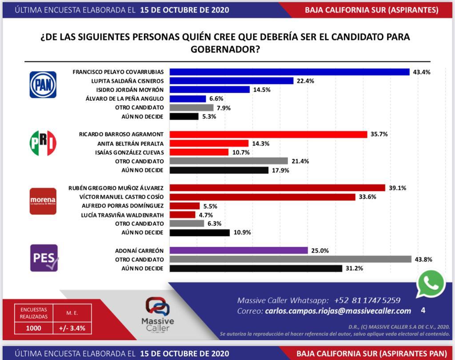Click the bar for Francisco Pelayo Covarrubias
click(x=289, y=72)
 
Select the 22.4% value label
click(x=305, y=81)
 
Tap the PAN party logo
click(x=43, y=84)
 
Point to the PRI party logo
click(x=43, y=143)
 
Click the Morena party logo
click(x=43, y=201)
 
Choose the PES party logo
click(x=44, y=258)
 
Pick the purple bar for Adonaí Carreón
click(x=239, y=251)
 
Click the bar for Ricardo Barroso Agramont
click(x=268, y=134)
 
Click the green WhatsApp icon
click(x=431, y=283)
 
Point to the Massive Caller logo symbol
click(x=158, y=307)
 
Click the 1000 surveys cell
click(x=34, y=328)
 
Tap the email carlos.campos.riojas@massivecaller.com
click(x=337, y=311)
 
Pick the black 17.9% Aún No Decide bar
click(x=219, y=170)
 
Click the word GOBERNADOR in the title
click(x=225, y=49)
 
